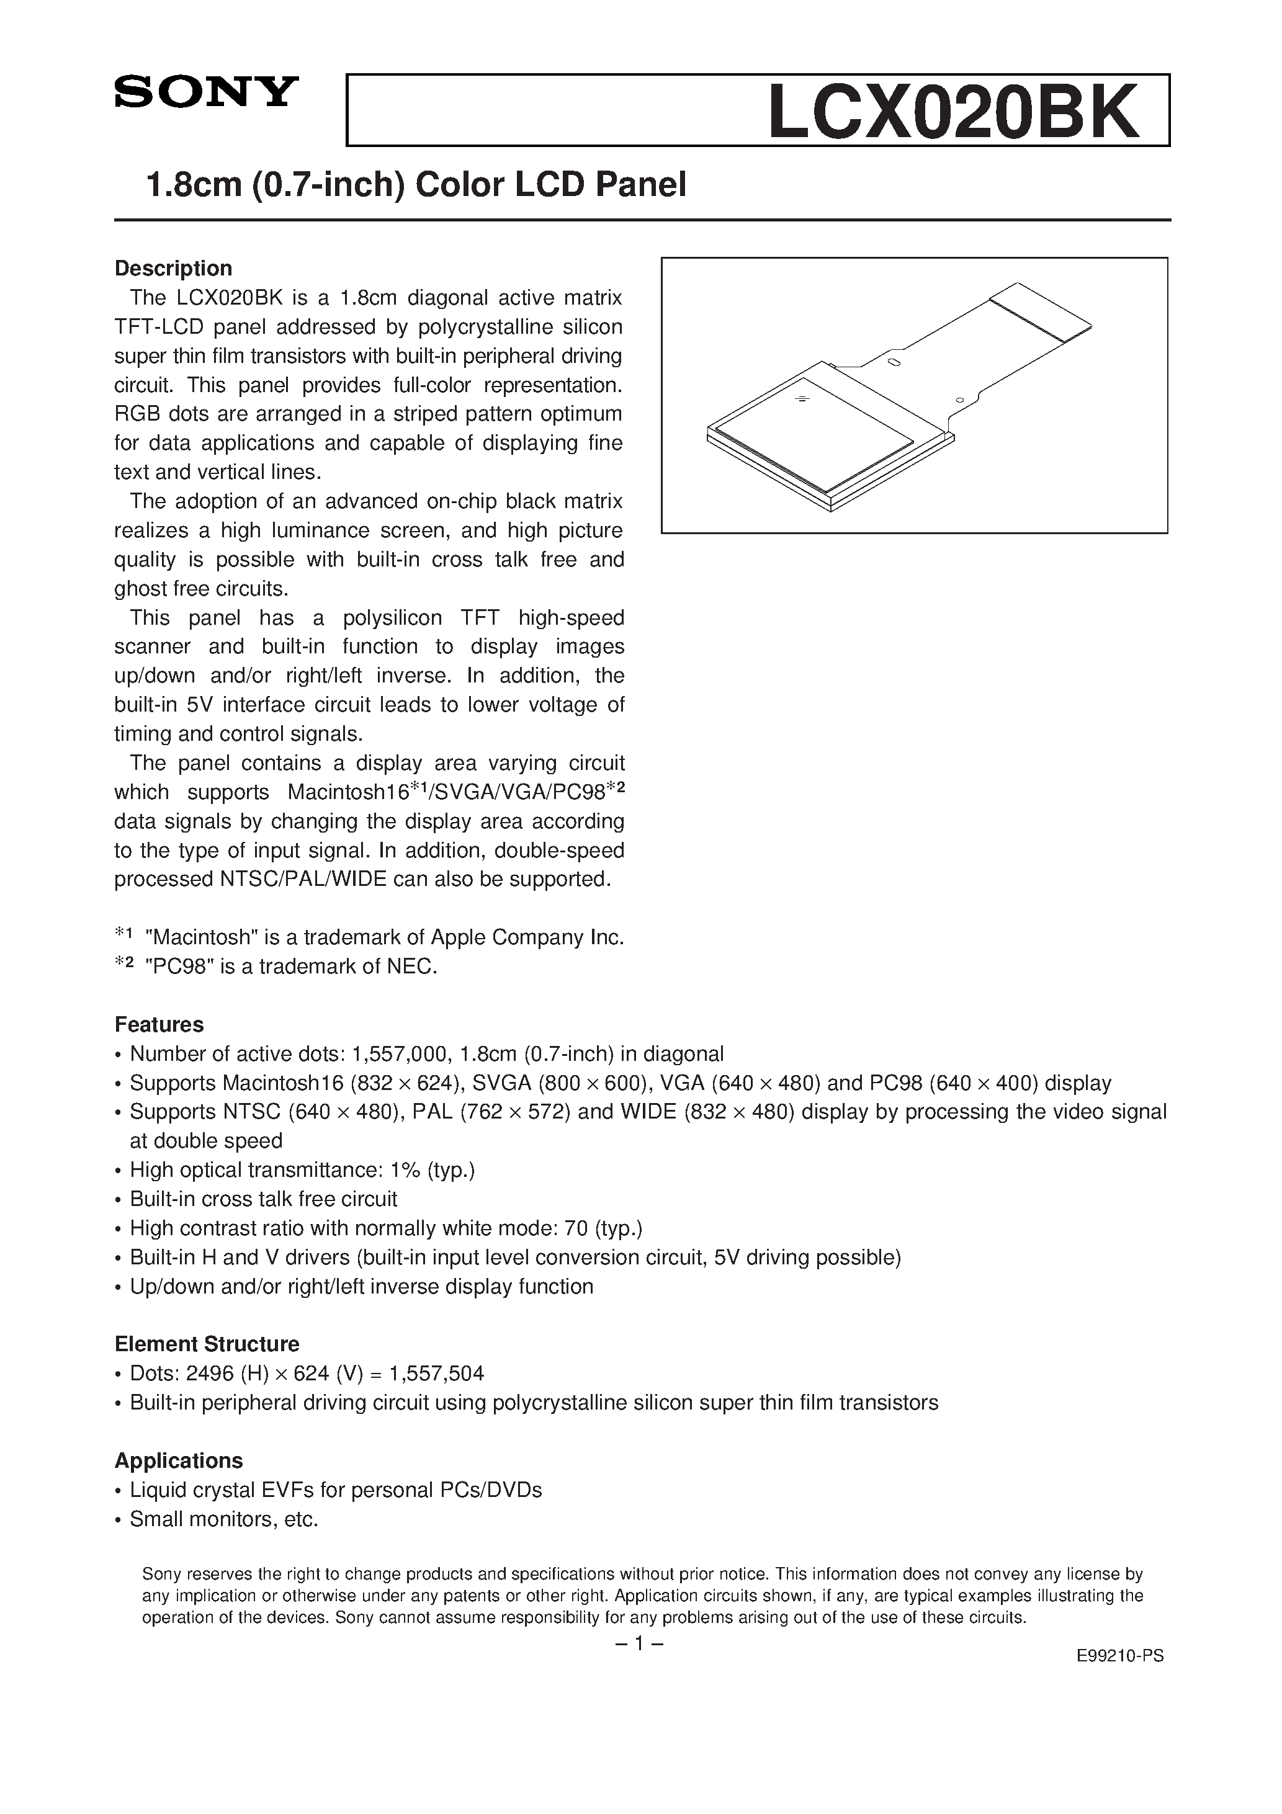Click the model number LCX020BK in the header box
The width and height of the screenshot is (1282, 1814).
click(x=954, y=112)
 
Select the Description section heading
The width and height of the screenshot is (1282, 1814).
click(x=173, y=269)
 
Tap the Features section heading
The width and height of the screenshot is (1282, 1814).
click(x=159, y=1025)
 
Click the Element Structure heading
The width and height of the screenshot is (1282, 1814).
click(x=206, y=1344)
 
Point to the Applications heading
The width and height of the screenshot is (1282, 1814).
click(x=179, y=1460)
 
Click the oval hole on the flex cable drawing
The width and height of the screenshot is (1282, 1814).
click(x=894, y=363)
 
